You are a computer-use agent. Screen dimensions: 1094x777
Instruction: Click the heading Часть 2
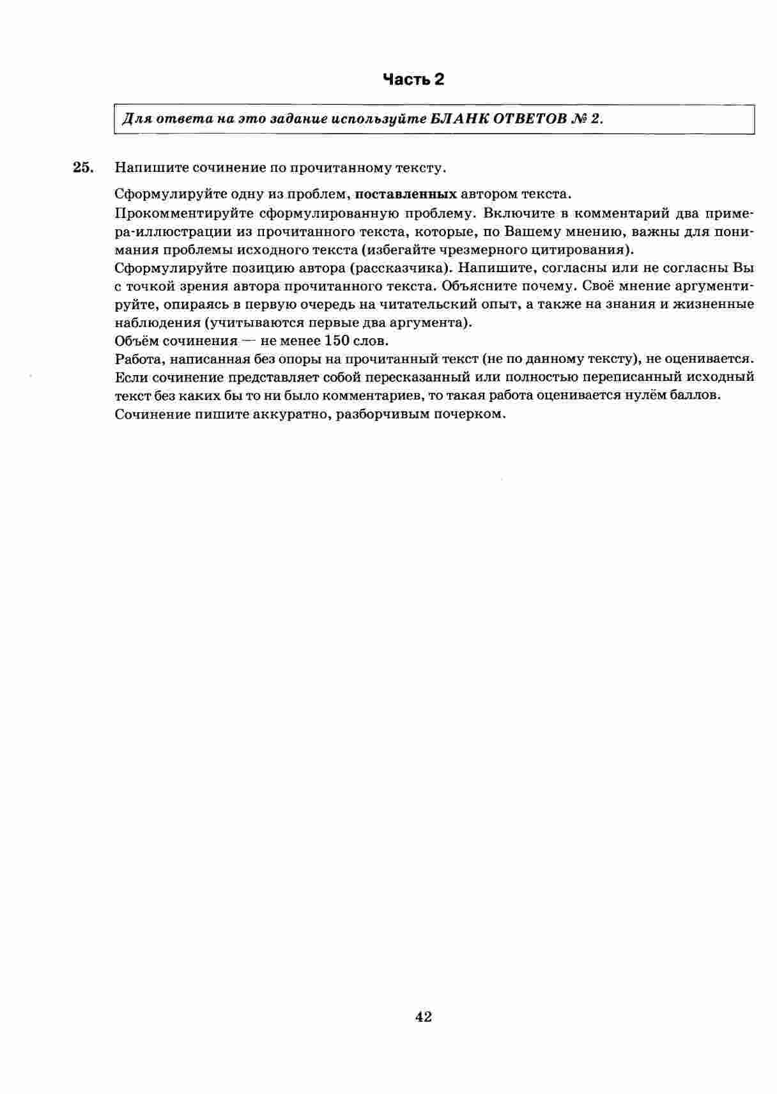[413, 79]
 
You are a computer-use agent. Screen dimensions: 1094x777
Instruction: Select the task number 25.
[83, 167]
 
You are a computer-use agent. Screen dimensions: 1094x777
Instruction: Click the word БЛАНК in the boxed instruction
[459, 119]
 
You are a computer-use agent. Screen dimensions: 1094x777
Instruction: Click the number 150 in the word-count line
[337, 340]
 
